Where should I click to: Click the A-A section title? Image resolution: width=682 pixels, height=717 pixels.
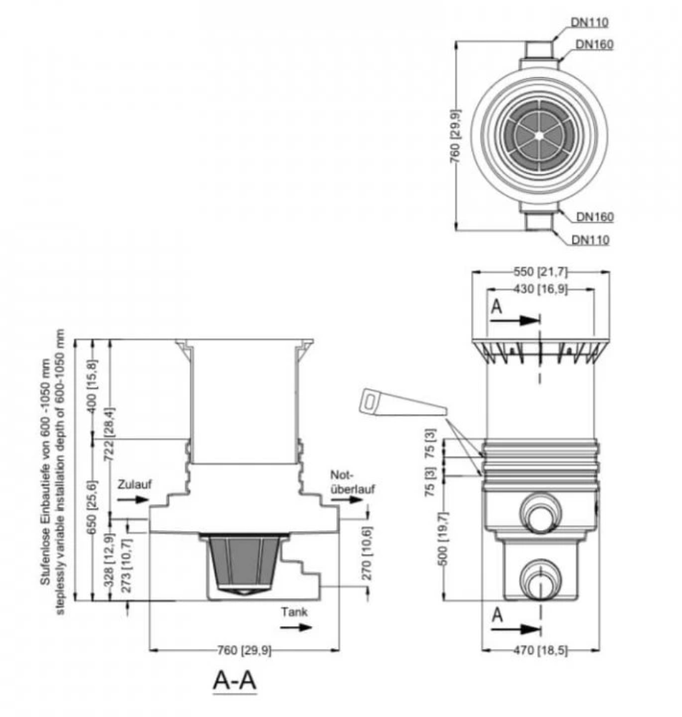[235, 681]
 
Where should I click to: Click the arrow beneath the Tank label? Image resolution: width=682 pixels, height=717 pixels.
[295, 628]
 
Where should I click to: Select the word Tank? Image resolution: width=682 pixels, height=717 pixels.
[294, 613]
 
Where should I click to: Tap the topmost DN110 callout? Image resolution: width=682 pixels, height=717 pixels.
[590, 22]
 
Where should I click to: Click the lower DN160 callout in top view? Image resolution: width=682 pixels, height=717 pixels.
[595, 217]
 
